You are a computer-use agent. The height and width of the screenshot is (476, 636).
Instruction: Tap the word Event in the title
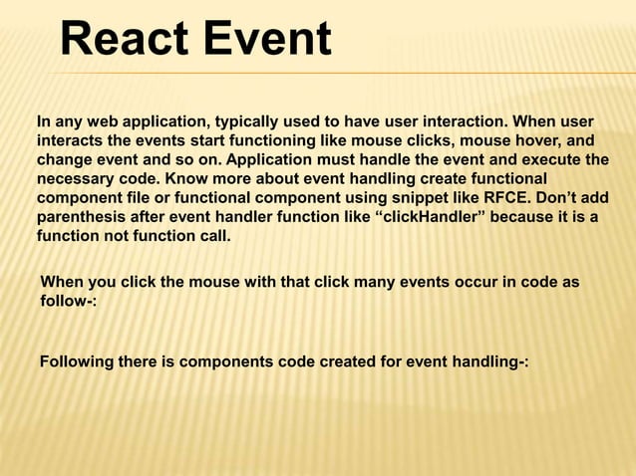tap(266, 41)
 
